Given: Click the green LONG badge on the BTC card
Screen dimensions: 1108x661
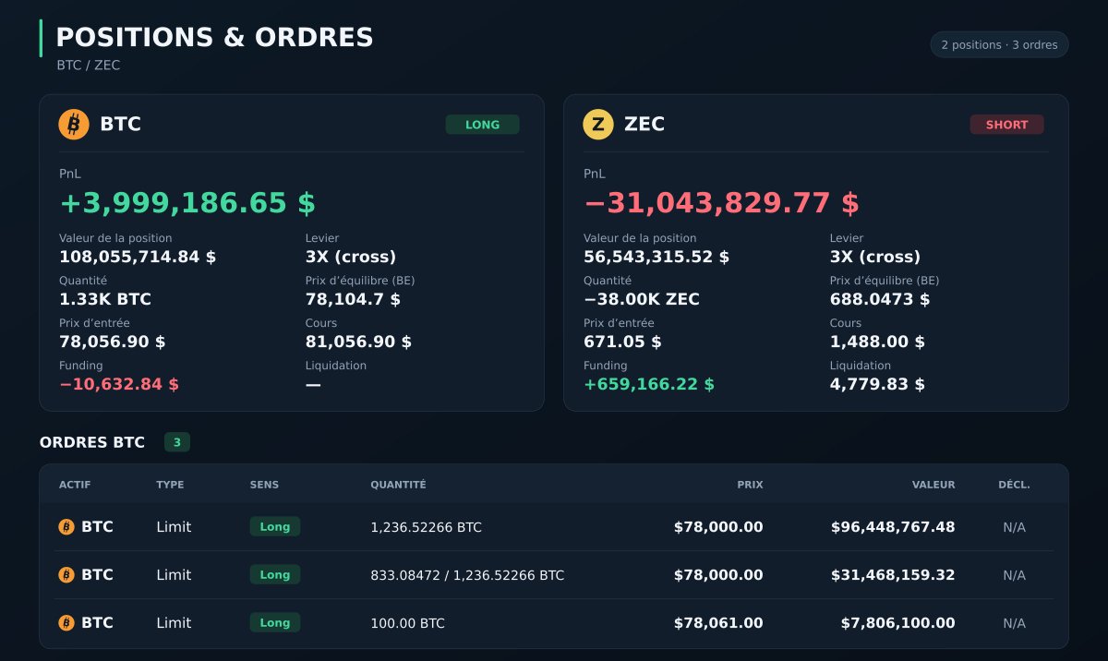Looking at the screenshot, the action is point(482,125).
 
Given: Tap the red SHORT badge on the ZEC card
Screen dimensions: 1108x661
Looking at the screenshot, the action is point(1006,125).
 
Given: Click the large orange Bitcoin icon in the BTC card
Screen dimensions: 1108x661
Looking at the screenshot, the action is point(74,124).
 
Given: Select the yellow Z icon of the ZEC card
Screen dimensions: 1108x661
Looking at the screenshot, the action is point(598,124).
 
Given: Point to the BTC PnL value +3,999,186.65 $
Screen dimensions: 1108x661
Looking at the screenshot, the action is point(187,203).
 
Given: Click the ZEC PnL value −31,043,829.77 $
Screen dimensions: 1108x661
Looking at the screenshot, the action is point(721,203).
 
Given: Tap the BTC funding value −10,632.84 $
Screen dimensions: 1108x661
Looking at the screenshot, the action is point(119,384).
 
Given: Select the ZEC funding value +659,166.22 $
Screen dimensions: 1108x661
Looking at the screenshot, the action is point(649,384).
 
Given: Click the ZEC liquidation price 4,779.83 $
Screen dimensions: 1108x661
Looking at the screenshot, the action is point(877,384).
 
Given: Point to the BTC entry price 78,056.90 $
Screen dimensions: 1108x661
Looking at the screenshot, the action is point(113,342).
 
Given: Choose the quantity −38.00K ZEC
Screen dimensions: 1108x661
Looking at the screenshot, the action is point(642,299).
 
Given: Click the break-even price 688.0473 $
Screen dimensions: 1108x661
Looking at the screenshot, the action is point(879,299).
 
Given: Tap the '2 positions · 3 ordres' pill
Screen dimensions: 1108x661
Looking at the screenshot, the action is point(999,45).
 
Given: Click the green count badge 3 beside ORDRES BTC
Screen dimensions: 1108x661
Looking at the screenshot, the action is point(177,442).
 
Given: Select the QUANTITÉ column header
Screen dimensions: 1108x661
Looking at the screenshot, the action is point(398,485).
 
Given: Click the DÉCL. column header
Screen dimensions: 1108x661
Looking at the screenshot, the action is point(1014,485).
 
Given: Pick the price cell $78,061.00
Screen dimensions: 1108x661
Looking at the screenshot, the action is point(718,623).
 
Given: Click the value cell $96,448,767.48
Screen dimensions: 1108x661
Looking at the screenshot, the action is point(893,527).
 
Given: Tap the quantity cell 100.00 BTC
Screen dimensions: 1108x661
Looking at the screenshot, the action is point(407,623).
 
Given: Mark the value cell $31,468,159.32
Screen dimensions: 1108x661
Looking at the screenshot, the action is point(893,575).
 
